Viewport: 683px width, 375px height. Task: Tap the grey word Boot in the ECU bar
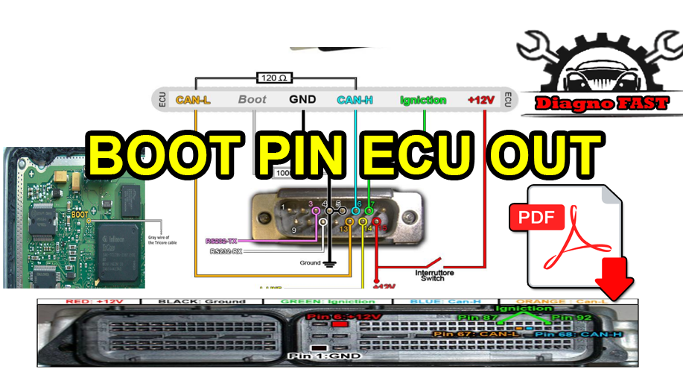pos(252,99)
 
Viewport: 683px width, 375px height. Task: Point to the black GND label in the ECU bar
pos(302,99)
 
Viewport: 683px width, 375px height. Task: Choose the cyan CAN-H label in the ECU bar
pos(355,99)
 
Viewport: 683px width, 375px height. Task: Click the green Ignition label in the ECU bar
pos(423,99)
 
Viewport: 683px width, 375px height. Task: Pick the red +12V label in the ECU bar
pos(480,99)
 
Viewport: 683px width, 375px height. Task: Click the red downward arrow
pos(614,281)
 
